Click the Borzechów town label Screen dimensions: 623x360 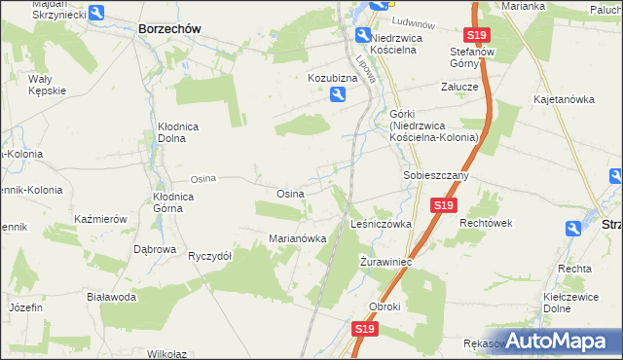pyautogui.click(x=169, y=29)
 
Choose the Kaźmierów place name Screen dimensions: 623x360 pyautogui.click(x=101, y=220)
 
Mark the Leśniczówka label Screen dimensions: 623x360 pyautogui.click(x=381, y=224)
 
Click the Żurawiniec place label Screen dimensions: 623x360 pyautogui.click(x=387, y=263)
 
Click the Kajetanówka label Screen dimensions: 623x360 pyautogui.click(x=564, y=99)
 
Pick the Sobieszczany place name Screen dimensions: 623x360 pyautogui.click(x=437, y=176)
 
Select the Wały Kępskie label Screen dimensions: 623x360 pyautogui.click(x=47, y=84)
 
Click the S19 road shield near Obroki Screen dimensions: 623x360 pyautogui.click(x=364, y=330)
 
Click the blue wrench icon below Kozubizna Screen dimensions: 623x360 pyautogui.click(x=336, y=94)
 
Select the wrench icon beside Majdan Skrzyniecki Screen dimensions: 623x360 pyautogui.click(x=97, y=12)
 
